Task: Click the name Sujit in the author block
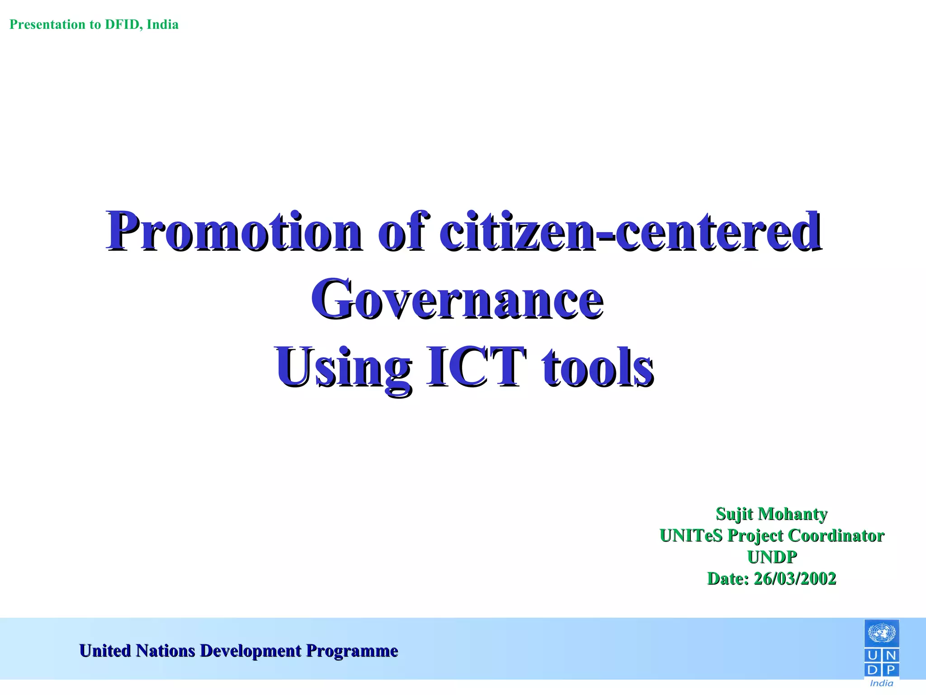734,514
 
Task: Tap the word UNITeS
691,536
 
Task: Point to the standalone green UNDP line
772,557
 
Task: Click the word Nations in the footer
165,651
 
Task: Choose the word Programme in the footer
352,651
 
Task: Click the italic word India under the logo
881,683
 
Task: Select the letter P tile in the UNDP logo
890,669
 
